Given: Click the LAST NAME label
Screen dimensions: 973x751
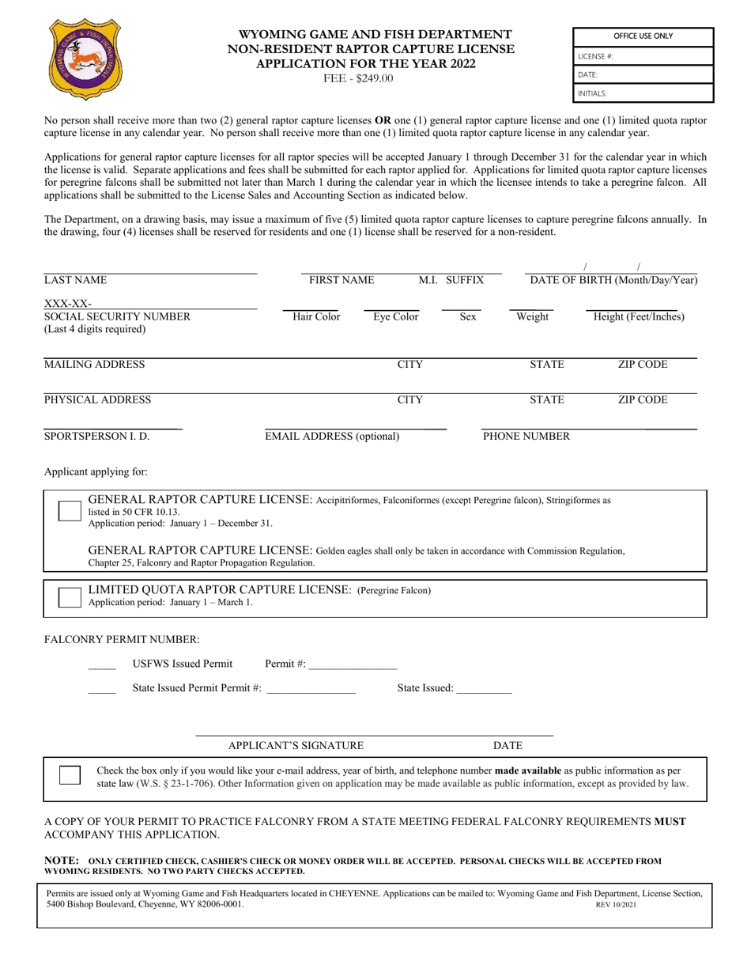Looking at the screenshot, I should (x=75, y=280).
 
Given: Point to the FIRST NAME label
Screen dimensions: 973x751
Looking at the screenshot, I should (x=342, y=280).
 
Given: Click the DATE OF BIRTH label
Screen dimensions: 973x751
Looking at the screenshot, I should (x=613, y=280).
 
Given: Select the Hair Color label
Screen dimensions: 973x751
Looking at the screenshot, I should (x=316, y=317).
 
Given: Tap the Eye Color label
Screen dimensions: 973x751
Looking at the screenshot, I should (x=396, y=317).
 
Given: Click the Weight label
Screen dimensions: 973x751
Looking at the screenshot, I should (x=532, y=317).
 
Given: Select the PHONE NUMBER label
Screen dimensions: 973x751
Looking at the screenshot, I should (x=526, y=436).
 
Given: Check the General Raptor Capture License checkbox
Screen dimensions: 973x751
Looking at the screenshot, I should (x=70, y=511).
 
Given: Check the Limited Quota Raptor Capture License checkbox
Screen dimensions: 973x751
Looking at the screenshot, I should (x=70, y=597).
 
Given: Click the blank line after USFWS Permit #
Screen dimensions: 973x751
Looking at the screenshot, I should (x=353, y=664).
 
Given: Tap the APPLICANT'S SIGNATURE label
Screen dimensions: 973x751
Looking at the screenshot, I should (x=296, y=745).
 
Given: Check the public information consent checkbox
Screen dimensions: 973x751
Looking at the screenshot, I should (x=70, y=775).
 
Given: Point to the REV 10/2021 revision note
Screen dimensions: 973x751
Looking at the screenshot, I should (x=616, y=904).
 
